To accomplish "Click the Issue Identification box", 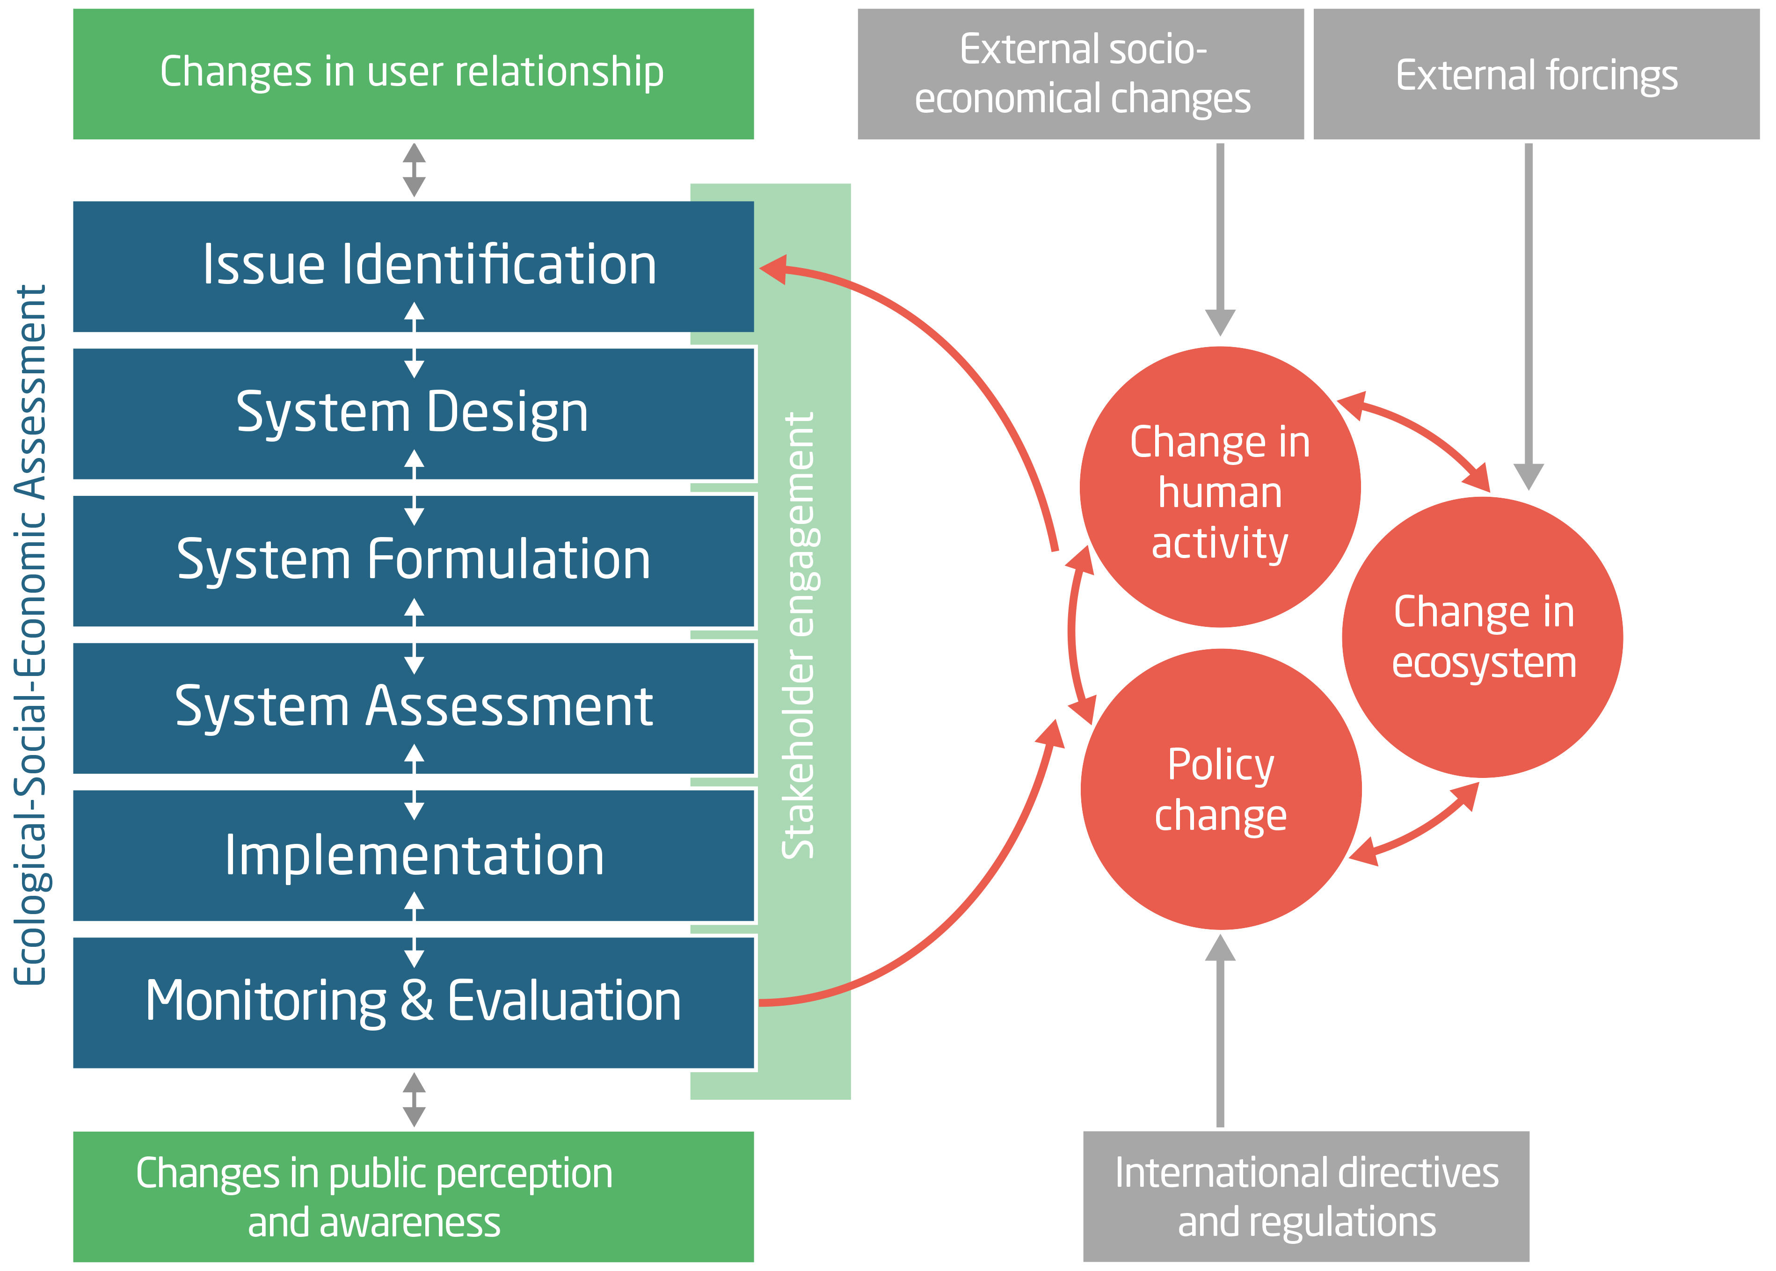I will (413, 266).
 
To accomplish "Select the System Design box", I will (413, 413).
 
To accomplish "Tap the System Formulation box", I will (413, 560).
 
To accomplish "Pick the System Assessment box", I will (413, 707).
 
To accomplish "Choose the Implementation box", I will (413, 855).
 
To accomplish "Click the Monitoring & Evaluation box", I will (413, 1002).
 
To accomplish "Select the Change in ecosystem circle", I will (1482, 637).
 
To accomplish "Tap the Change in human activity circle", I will (1220, 487).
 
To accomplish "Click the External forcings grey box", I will (1536, 74).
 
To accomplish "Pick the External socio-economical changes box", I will (1080, 74).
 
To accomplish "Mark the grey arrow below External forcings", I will (1528, 313).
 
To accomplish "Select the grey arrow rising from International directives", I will (1220, 1033).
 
